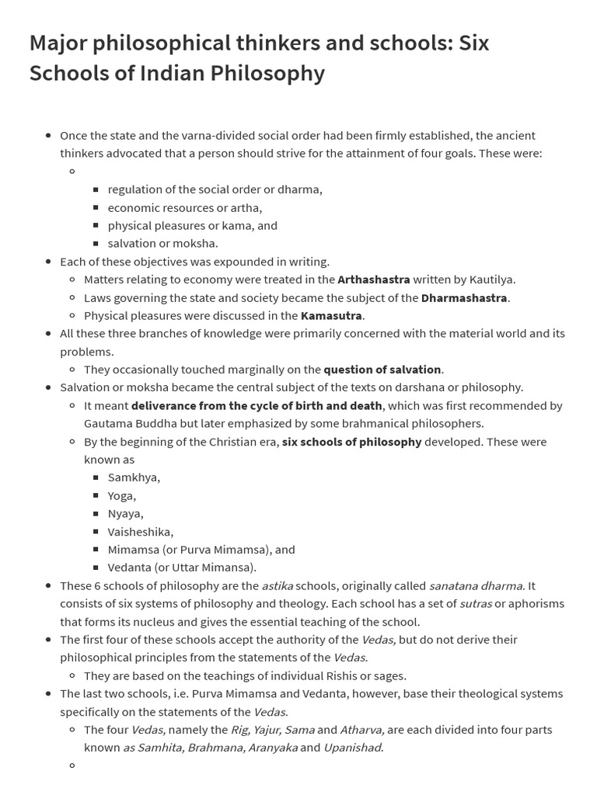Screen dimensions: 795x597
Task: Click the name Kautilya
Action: [490, 279]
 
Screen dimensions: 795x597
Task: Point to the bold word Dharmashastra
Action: [464, 297]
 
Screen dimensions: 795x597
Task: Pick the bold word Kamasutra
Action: [331, 315]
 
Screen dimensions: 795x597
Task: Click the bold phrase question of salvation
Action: [382, 370]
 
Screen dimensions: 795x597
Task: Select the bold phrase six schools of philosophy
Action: [351, 442]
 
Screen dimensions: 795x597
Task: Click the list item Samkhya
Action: [134, 477]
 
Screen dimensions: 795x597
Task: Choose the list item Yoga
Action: [122, 495]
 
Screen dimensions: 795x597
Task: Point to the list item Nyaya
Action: [125, 513]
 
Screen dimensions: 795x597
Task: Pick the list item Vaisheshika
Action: [141, 531]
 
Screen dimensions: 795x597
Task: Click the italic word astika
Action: [277, 585]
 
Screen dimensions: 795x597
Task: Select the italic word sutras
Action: [476, 603]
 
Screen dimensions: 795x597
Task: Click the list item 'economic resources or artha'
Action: [185, 207]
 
